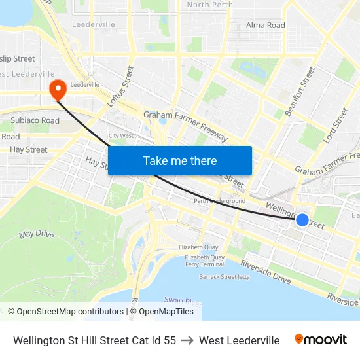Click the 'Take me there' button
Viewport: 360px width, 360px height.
point(180,160)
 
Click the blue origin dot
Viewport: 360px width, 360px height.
point(302,220)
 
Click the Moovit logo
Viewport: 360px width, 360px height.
point(320,340)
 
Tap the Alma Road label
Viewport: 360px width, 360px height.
point(265,26)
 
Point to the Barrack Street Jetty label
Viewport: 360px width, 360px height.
point(224,277)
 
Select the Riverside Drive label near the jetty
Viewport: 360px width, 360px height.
point(265,272)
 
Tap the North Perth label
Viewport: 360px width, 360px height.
point(209,5)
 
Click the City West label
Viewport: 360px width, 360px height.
point(121,136)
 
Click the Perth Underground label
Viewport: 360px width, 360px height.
point(220,201)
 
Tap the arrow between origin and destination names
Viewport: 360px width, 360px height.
point(187,340)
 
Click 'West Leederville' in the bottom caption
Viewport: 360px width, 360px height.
point(239,340)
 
